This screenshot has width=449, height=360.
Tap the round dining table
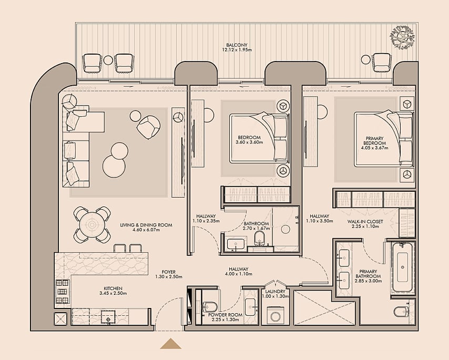91,224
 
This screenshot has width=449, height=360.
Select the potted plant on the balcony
402,37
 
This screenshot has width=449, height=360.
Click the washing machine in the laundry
275,316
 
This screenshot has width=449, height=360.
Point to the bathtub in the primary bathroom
402,268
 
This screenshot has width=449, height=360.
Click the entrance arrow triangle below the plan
171,344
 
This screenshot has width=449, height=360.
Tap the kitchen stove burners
63,292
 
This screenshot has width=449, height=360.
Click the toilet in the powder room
209,307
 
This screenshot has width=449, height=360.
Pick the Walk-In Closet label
365,221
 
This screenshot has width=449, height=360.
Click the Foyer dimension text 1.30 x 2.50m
169,277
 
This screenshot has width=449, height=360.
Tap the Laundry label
275,292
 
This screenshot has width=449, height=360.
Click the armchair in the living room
148,127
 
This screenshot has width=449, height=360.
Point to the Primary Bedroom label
374,140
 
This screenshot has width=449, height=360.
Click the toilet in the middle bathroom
259,239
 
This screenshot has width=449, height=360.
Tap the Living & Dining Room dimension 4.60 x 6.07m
146,230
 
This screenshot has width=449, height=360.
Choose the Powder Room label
225,315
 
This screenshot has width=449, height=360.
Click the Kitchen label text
113,289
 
